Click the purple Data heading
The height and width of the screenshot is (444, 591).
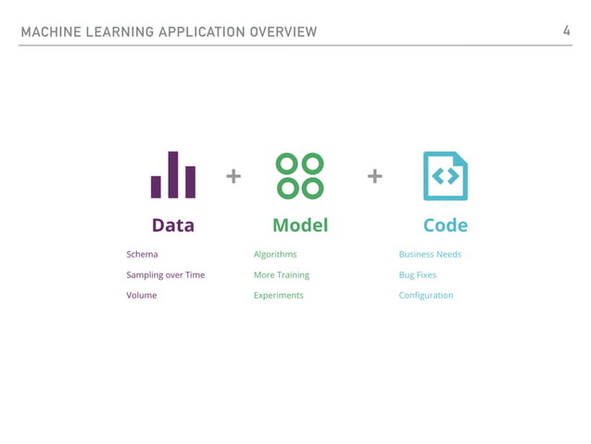(172, 225)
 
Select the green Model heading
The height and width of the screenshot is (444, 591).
(300, 225)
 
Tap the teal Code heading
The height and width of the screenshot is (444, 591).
(445, 225)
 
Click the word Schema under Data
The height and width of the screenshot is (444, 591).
(142, 254)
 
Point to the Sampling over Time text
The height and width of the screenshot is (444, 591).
(166, 275)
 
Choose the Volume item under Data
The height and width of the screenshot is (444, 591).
(142, 296)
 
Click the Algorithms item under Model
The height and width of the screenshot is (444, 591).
(275, 254)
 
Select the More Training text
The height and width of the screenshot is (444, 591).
(282, 275)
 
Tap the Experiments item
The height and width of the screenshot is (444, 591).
(278, 296)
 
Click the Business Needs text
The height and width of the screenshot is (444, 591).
(430, 254)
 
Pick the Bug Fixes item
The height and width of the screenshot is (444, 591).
(418, 275)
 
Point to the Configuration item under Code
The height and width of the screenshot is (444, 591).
(426, 296)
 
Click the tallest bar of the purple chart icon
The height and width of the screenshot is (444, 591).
(173, 174)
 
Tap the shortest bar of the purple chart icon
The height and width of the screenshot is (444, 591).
(157, 186)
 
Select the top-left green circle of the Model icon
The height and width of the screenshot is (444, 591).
(288, 164)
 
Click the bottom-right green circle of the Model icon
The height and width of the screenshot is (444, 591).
(312, 187)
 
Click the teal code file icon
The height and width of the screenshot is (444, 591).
(445, 175)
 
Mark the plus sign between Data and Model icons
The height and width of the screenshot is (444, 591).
(233, 175)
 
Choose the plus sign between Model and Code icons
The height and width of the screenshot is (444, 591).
(375, 175)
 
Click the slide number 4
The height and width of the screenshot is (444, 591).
(566, 32)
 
